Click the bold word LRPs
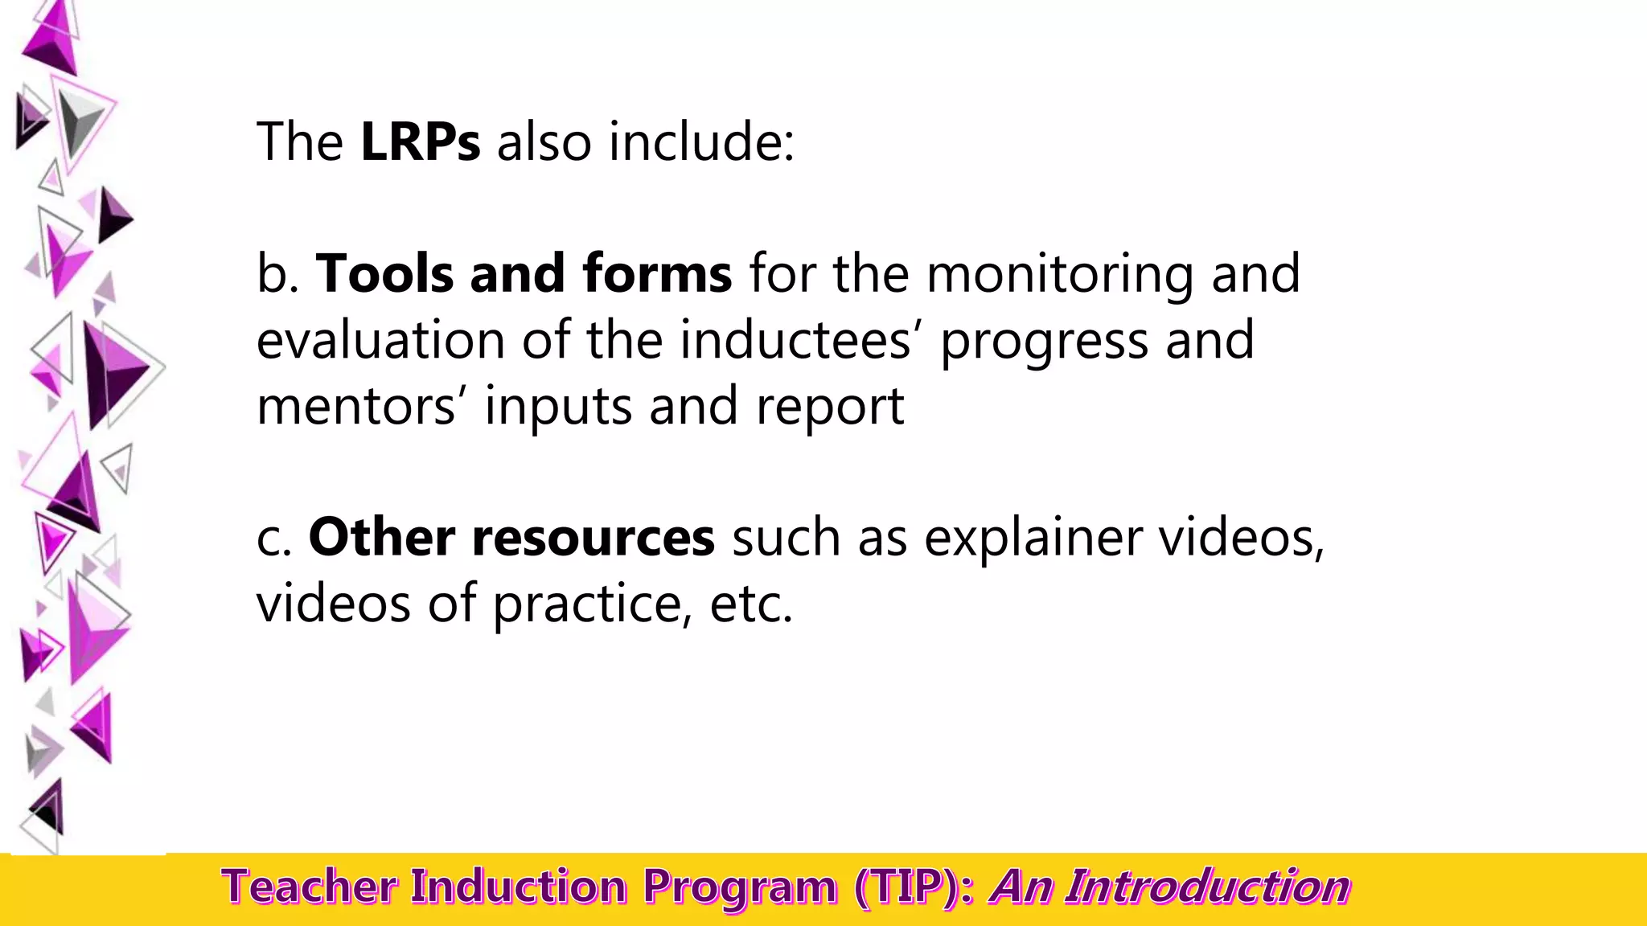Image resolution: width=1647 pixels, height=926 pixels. [420, 142]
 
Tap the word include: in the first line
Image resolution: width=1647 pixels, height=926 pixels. [701, 142]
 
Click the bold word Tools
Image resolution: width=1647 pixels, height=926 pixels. [384, 274]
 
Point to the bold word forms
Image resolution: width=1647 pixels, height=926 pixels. [657, 274]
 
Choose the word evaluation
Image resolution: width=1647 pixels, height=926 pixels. [380, 340]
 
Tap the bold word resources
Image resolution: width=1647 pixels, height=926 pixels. [593, 538]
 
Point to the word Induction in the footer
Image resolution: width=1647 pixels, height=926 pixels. [519, 887]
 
